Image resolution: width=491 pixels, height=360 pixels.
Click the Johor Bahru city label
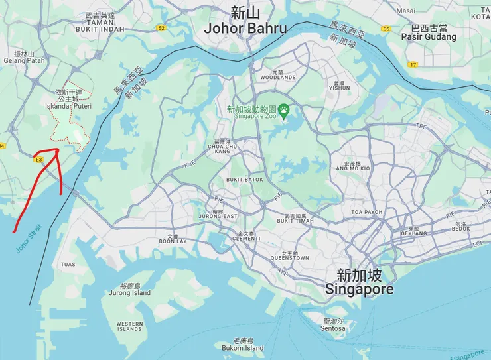(245, 29)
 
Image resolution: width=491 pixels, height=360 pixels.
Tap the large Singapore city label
(359, 290)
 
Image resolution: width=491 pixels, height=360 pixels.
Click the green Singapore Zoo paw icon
(284, 109)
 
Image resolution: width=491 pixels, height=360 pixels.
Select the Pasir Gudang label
(429, 37)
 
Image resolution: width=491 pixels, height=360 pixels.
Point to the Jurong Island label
(130, 292)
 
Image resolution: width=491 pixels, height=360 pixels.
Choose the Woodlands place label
(277, 77)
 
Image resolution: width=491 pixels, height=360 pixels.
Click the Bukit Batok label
(244, 180)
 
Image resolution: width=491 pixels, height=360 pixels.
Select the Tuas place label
(68, 265)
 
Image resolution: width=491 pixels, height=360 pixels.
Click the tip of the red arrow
(58, 150)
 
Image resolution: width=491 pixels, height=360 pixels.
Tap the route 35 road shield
(386, 29)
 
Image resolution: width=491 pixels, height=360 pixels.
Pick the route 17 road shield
(413, 64)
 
